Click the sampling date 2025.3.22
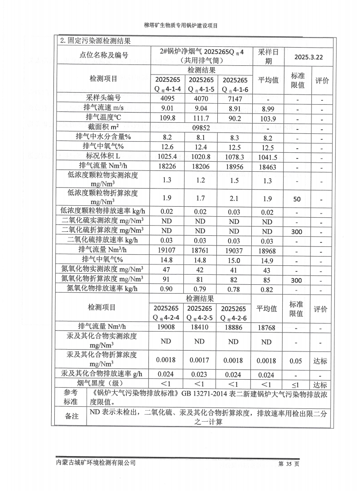[309, 57]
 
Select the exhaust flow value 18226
[167, 166]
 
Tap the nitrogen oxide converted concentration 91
[167, 280]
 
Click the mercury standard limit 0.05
[296, 361]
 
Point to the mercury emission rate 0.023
[200, 374]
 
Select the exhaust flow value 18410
[200, 328]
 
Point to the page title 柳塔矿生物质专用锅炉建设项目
[181, 26]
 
